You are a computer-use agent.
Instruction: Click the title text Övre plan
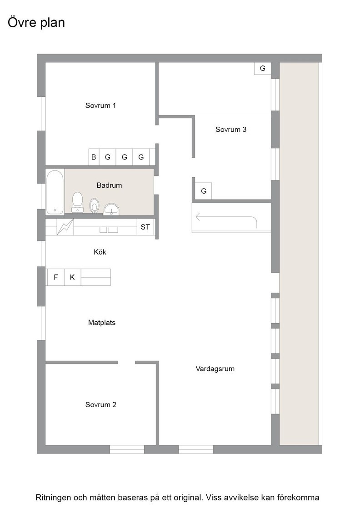pos(36,23)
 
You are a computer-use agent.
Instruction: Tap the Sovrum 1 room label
pos(100,105)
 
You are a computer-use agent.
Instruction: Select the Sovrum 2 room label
pos(100,405)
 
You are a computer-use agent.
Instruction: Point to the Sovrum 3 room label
pos(231,130)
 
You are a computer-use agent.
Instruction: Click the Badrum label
pos(110,185)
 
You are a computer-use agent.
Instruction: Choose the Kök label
pos(100,252)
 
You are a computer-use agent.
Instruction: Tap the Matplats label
pos(102,323)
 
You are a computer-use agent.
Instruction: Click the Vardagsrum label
pos(215,369)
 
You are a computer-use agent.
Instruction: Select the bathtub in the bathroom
pos(55,192)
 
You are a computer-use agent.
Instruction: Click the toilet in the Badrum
pos(78,202)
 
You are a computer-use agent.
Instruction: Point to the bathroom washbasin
pos(112,209)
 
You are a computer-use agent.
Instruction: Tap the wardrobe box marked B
pos(94,157)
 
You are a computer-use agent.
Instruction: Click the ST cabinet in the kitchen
pos(145,227)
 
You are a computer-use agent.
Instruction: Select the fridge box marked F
pos(56,277)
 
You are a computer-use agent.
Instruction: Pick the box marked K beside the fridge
pos(72,277)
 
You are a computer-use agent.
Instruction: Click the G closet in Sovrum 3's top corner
pos(263,69)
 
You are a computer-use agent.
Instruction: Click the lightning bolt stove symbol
pos(65,227)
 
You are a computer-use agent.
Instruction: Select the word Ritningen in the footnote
pos(53,498)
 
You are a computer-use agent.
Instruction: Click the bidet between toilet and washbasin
pos(94,205)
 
